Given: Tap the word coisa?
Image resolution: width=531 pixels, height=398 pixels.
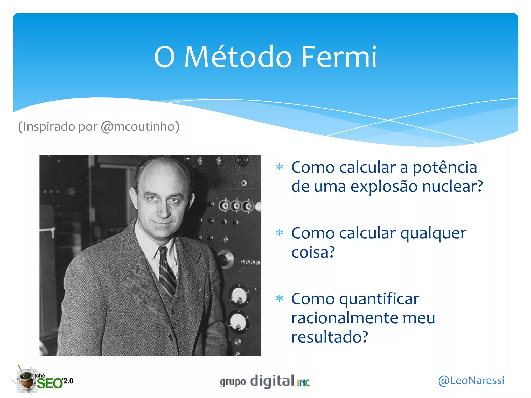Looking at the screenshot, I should pos(313,252).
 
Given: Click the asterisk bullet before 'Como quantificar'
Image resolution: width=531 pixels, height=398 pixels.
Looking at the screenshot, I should pos(280,299).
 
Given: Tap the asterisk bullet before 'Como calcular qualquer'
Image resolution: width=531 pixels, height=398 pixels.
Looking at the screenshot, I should pos(280,233).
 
